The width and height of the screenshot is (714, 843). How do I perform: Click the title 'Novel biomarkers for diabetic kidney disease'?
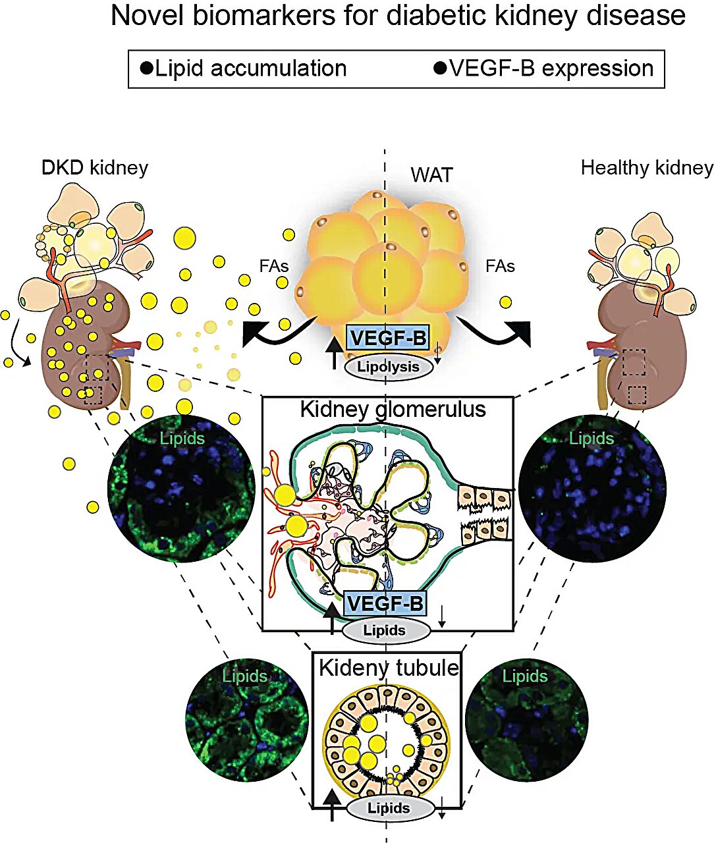[x=398, y=16]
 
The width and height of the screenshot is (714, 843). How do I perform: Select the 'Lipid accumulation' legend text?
[x=250, y=68]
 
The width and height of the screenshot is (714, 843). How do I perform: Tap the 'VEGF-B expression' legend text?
[x=551, y=68]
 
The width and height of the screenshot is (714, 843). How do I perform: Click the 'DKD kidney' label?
[x=95, y=167]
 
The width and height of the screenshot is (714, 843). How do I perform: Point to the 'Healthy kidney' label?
[x=647, y=168]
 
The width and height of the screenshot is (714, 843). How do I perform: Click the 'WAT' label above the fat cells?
[x=431, y=175]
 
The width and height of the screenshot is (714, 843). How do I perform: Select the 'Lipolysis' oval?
[x=389, y=367]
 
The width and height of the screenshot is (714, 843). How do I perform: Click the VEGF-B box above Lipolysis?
[x=388, y=339]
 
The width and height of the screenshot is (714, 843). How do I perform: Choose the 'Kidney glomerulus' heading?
[x=393, y=409]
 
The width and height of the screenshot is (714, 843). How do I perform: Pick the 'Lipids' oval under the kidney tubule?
[x=389, y=808]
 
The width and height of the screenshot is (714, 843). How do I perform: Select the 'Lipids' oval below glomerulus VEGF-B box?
[x=385, y=630]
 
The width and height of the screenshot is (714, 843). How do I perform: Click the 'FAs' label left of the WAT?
[x=275, y=266]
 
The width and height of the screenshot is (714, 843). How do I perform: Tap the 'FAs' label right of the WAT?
[x=500, y=266]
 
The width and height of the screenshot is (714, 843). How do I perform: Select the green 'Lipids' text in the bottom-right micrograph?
[x=525, y=676]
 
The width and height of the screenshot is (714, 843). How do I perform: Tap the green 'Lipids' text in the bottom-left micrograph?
[x=244, y=676]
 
